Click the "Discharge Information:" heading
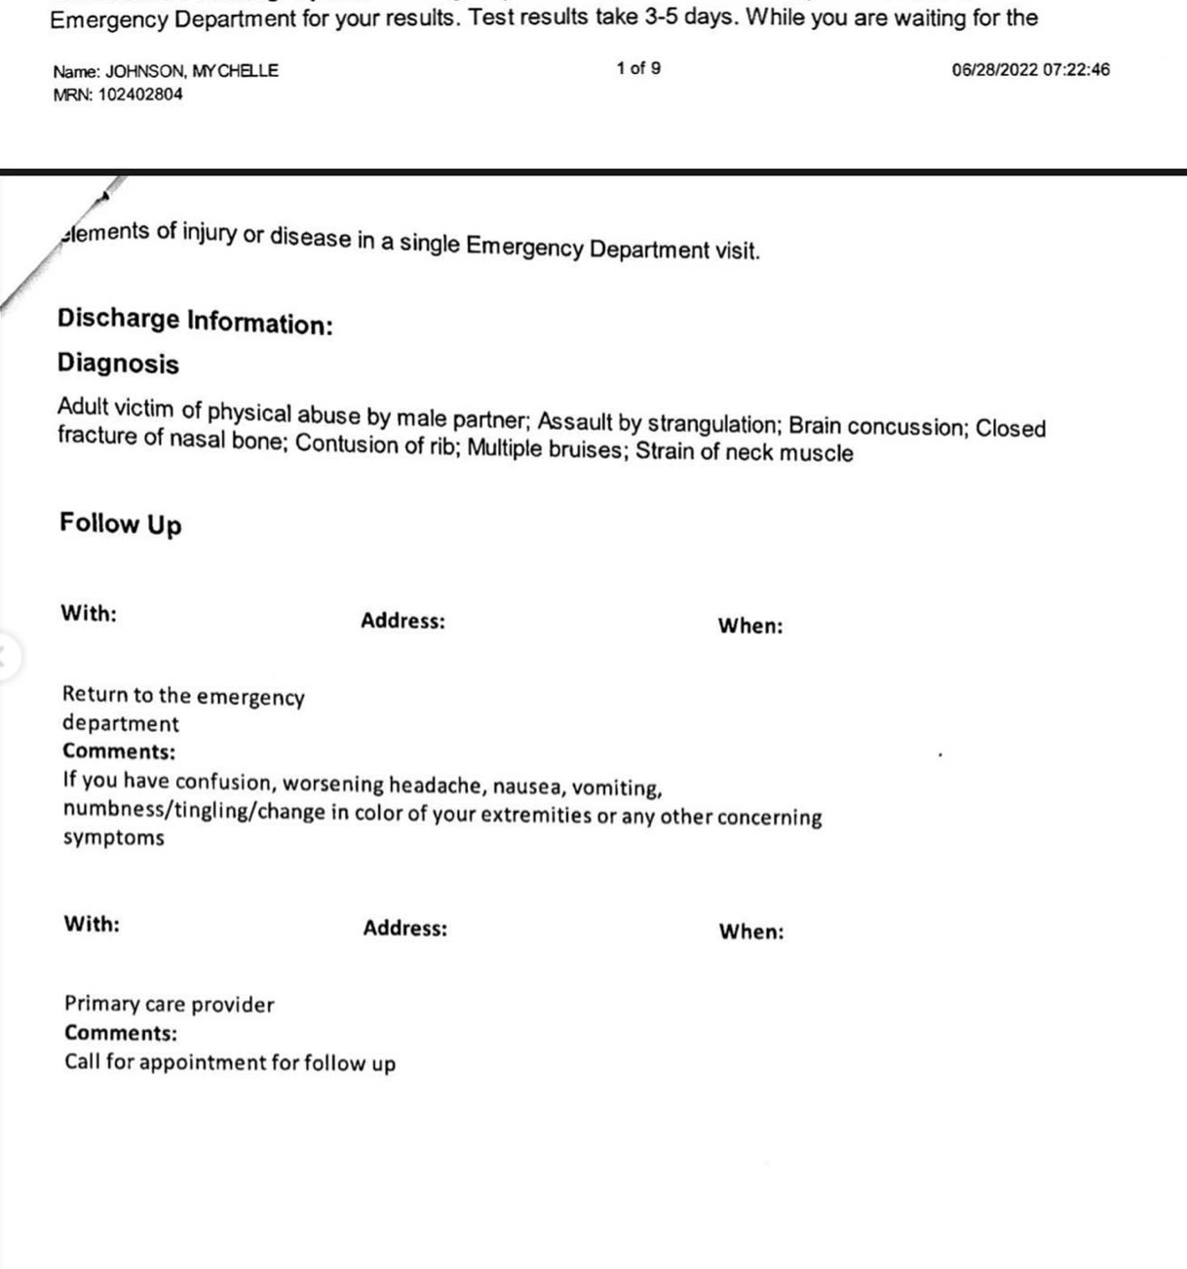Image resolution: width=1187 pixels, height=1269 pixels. tap(195, 321)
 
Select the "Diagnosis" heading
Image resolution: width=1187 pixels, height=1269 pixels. tap(118, 364)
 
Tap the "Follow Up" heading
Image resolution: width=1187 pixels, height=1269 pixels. tap(121, 523)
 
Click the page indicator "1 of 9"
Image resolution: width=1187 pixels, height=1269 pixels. tap(638, 68)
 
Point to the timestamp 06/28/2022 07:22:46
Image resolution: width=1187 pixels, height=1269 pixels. tap(1030, 69)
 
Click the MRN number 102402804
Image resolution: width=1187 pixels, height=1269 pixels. tap(140, 95)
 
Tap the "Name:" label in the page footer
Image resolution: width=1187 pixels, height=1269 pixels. tap(76, 71)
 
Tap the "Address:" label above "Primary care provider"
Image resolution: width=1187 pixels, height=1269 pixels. tap(405, 928)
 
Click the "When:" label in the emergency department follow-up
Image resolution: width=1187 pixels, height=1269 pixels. tap(750, 626)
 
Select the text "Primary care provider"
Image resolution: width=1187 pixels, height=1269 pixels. tap(170, 1004)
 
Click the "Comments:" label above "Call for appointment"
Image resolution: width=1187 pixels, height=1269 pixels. tap(121, 1033)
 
